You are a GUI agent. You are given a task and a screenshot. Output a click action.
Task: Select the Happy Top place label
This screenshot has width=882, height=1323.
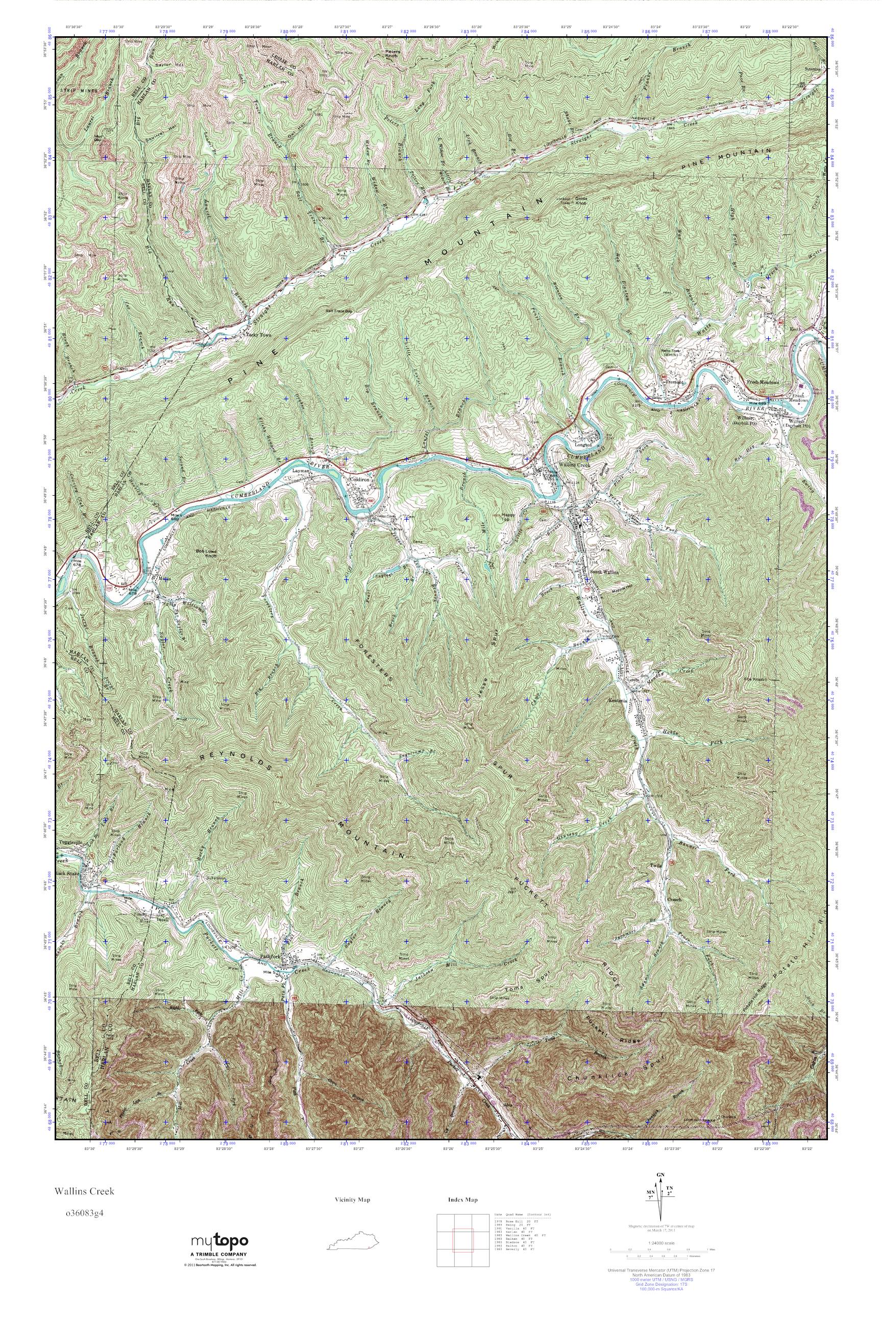click(508, 517)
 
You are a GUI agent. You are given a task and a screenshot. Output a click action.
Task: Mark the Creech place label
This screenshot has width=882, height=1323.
click(674, 899)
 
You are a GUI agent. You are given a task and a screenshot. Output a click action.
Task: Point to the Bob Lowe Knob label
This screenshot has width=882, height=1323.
click(206, 553)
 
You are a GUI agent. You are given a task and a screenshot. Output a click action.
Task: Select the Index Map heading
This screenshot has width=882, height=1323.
click(462, 1199)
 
